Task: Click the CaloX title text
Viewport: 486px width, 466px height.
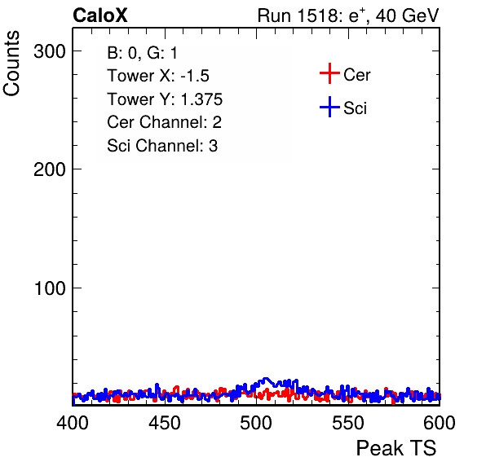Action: click(x=100, y=15)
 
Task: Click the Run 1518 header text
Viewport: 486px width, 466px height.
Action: click(x=348, y=15)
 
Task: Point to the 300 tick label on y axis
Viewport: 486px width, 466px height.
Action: click(x=50, y=51)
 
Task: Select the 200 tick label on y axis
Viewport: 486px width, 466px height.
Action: click(x=50, y=169)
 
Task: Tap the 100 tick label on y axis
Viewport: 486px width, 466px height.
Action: click(x=50, y=288)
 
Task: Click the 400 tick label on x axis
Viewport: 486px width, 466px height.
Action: click(x=73, y=423)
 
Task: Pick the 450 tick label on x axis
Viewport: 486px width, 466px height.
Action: click(x=165, y=423)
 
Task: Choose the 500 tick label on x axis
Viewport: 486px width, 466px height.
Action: click(x=256, y=423)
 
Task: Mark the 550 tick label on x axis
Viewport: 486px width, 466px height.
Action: click(x=348, y=423)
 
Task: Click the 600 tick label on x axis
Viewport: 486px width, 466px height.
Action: click(x=440, y=423)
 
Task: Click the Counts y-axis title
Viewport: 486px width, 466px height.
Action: click(x=11, y=64)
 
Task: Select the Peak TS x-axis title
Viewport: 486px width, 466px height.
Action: click(x=396, y=448)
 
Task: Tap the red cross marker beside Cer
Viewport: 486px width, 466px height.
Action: click(x=329, y=73)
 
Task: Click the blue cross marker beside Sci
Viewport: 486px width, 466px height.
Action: click(x=329, y=107)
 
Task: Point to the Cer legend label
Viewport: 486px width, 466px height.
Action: click(x=357, y=75)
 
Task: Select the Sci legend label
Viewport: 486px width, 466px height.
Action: click(x=356, y=108)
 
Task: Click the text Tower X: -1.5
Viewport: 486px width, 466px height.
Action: click(x=158, y=76)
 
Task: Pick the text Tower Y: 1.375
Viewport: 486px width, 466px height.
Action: click(x=165, y=99)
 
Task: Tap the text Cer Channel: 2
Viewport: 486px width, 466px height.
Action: click(x=164, y=122)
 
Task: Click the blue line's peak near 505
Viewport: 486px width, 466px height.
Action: click(x=266, y=378)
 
